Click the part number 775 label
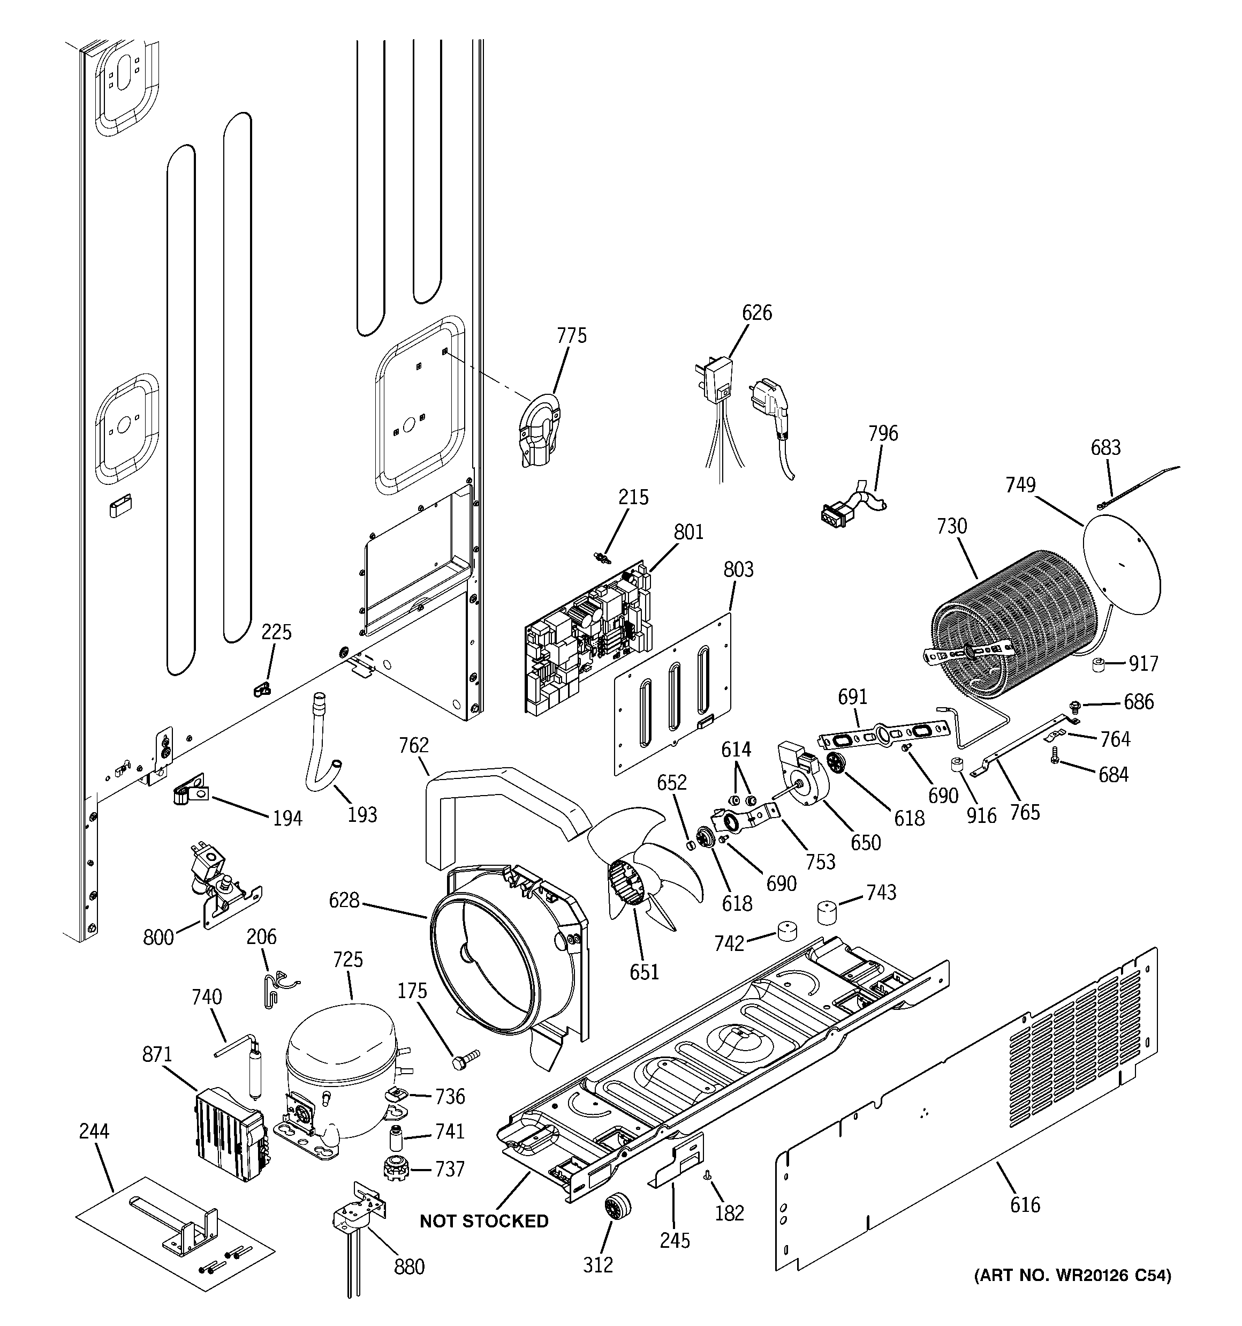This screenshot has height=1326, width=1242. pos(571,335)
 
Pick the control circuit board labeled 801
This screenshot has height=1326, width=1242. pos(587,640)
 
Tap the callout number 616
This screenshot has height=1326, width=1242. pos(1024,1204)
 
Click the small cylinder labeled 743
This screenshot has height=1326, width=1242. pos(827,912)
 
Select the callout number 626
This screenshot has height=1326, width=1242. pos(756,313)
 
